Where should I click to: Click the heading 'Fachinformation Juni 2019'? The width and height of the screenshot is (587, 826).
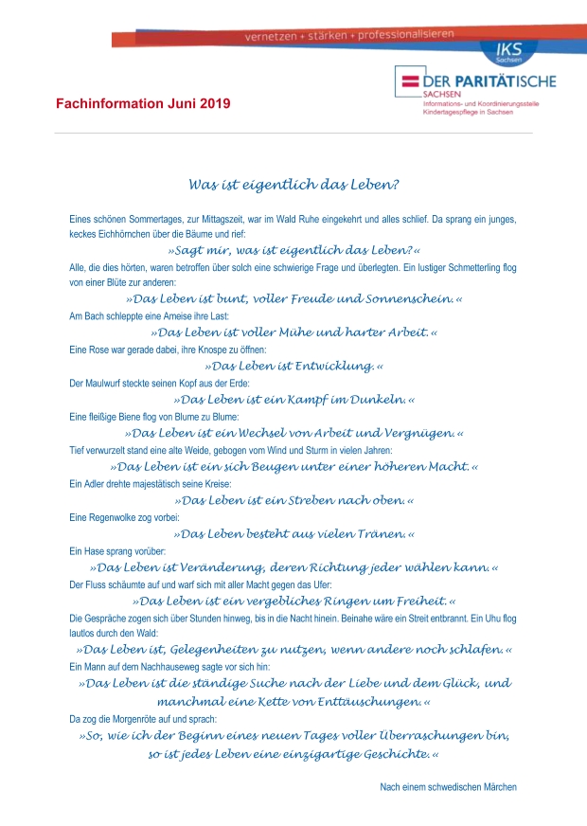tap(142, 103)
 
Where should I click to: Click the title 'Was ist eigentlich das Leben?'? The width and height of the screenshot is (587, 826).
tap(293, 184)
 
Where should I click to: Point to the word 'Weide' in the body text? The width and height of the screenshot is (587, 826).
tap(217, 450)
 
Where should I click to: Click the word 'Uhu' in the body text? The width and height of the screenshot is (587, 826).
tap(495, 618)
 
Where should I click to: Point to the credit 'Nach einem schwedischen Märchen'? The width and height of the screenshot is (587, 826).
tap(448, 787)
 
